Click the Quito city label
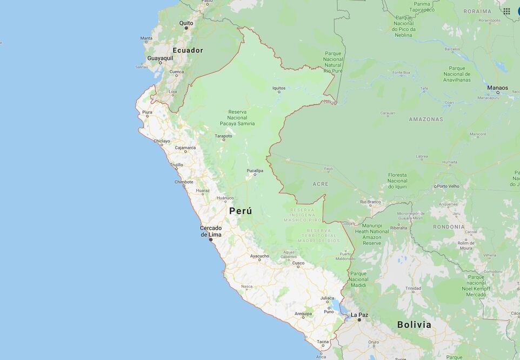pos(186,23)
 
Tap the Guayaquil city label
pos(160,58)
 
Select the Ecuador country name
pos(188,50)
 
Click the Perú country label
pos(241,211)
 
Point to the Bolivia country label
pos(414,324)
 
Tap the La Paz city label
pos(359,315)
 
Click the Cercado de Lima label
pos(211,231)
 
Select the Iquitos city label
pos(279,88)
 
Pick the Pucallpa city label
pos(255,171)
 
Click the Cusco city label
pos(298,263)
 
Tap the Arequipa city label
pos(303,314)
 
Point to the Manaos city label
pos(497,88)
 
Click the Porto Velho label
pos(449,186)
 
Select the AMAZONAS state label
pos(425,119)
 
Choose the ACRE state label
pos(320,184)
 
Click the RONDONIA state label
pos(449,226)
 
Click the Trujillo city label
pos(176,165)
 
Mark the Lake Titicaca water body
pos(336,308)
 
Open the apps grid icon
pos(506,11)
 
